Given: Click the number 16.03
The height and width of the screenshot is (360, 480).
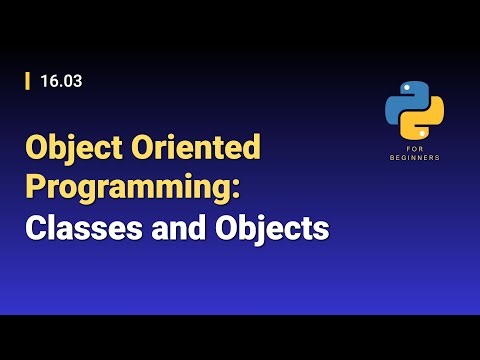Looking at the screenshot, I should coord(61,82).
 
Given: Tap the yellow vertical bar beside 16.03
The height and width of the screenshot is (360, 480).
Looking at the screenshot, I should coord(27,82).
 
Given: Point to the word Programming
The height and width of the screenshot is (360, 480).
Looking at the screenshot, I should coord(143,189).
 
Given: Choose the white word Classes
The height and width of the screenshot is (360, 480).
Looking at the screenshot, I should coord(76,229).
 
